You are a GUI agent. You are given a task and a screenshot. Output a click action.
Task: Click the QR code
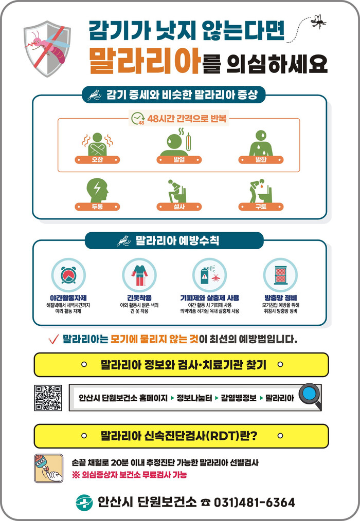(x=48, y=398)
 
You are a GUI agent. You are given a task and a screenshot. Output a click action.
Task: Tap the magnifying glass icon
(x=310, y=396)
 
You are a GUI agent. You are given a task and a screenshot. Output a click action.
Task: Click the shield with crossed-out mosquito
(x=47, y=48)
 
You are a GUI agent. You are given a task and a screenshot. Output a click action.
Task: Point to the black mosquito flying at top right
(x=318, y=21)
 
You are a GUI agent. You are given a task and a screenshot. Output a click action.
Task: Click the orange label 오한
(x=97, y=160)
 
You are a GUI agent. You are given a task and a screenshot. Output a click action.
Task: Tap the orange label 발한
(x=261, y=160)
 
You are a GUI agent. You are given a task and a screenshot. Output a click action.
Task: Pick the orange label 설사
(x=179, y=207)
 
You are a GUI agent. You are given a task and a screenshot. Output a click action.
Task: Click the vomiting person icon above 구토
(x=261, y=191)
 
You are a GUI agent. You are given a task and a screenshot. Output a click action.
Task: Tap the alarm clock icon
(x=68, y=275)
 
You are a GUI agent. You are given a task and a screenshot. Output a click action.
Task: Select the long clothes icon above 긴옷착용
(x=139, y=275)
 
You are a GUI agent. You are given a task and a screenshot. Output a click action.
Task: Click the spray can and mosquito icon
(x=210, y=275)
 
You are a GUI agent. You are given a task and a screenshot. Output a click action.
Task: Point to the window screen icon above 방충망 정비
(x=280, y=275)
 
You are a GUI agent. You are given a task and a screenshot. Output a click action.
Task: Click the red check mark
(x=53, y=339)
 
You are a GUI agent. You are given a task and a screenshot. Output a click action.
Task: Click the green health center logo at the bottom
(x=84, y=503)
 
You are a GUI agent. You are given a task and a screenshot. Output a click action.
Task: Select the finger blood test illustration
(x=48, y=468)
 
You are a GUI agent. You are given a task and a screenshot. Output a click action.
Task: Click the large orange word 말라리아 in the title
(x=145, y=61)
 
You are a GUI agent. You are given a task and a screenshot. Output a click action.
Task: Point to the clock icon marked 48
(x=138, y=119)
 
